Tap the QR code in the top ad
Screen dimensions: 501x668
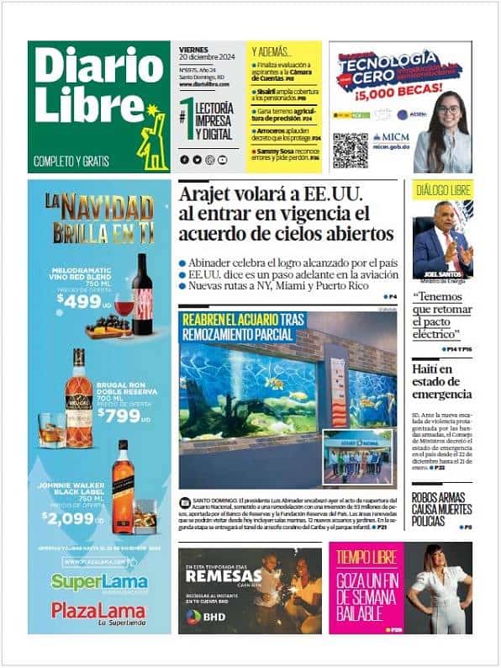coord(350,151)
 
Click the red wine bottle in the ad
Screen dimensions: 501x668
coord(142,294)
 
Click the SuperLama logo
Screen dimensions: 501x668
coord(99,581)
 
